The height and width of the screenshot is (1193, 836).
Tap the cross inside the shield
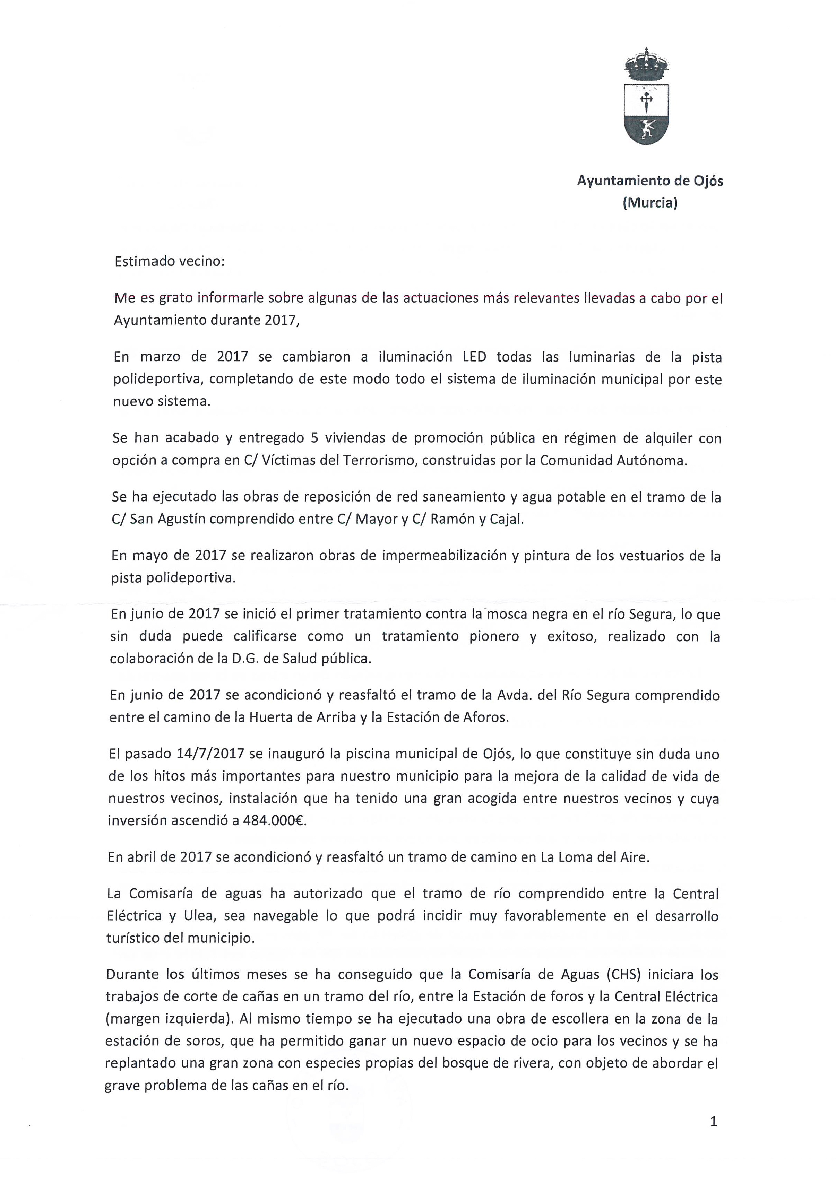[x=646, y=99]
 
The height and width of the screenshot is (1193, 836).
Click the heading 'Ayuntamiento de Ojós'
[x=650, y=181]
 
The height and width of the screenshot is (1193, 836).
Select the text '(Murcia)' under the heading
[x=650, y=203]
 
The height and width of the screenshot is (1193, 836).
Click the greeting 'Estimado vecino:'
[x=170, y=261]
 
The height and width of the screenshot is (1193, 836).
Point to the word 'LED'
[x=474, y=357]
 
